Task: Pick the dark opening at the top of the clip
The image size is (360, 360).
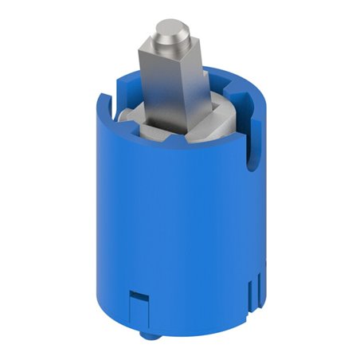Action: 137,295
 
